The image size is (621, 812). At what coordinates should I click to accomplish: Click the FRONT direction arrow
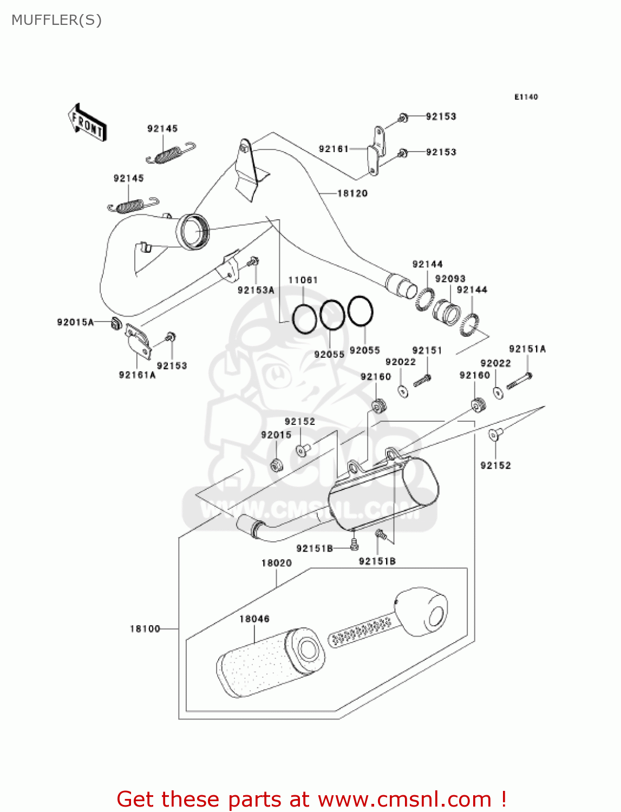[87, 123]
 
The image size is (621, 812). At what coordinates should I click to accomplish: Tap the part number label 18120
[352, 193]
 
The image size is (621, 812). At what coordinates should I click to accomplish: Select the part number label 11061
[303, 280]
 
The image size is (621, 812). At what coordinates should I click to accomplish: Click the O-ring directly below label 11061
[304, 319]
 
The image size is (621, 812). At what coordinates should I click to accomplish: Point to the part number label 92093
[450, 278]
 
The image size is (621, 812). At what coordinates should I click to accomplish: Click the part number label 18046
[254, 619]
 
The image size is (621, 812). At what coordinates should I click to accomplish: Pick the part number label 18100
[145, 628]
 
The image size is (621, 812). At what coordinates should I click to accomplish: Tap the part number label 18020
[276, 563]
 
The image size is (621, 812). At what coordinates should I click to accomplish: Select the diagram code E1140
[526, 97]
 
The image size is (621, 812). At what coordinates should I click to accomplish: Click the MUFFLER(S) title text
[57, 20]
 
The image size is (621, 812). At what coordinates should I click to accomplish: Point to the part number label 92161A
[137, 375]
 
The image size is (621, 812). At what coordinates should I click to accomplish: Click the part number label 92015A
[75, 322]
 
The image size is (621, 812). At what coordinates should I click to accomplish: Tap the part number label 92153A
[256, 290]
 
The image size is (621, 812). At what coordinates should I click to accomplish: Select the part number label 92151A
[527, 349]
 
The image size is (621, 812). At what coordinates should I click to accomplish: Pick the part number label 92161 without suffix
[334, 149]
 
